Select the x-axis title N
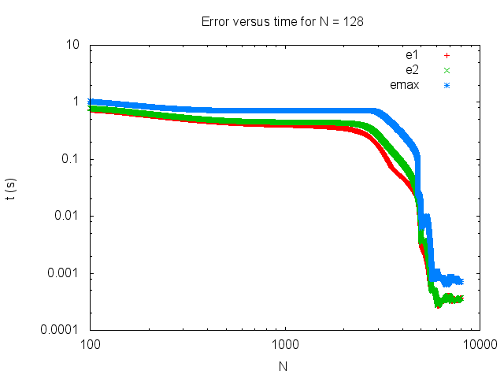tap(283, 366)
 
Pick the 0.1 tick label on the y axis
tap(69, 159)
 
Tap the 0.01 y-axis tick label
tap(66, 217)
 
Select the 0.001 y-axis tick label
tap(63, 274)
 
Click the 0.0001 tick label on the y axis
tap(61, 331)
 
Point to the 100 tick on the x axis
tap(91, 345)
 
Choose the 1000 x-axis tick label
tap(285, 345)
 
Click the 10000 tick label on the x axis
tap(479, 345)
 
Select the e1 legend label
tap(411, 56)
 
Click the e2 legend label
tap(411, 70)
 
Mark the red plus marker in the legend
tap(447, 56)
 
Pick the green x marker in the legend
tap(447, 70)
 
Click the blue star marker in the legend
tap(447, 84)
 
